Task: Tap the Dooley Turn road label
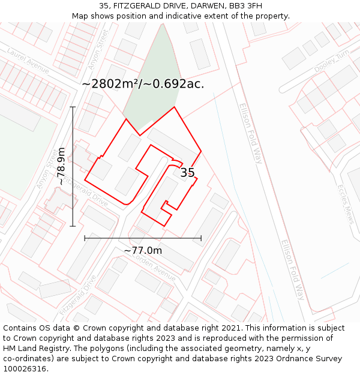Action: coord(331,62)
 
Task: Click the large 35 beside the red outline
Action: coord(187,173)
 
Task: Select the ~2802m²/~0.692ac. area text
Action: coord(143,84)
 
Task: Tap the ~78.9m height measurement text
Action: coord(61,166)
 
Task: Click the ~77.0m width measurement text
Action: coord(143,250)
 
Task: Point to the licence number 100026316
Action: coord(25,369)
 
